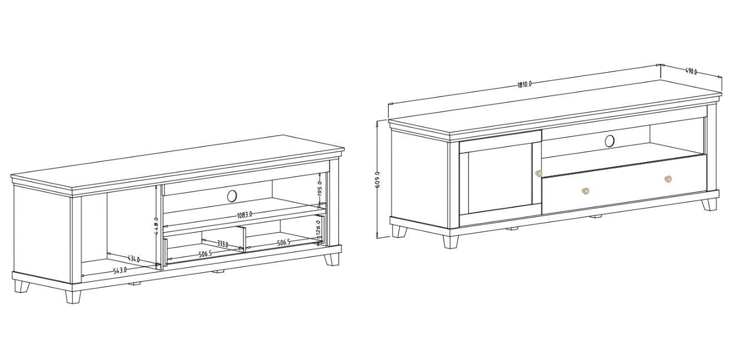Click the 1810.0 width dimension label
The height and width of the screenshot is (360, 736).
(525, 84)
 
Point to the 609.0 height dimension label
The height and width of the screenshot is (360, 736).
(378, 179)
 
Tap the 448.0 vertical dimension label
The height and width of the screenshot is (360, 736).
(157, 227)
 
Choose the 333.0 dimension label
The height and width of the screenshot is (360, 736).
(222, 243)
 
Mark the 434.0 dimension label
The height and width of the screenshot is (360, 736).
(133, 259)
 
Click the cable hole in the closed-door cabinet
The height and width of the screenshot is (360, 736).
(610, 141)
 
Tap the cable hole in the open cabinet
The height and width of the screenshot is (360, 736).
(232, 195)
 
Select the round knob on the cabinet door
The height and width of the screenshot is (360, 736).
(538, 173)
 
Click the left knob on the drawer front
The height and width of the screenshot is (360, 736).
(585, 191)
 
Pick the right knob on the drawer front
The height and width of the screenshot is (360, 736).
(668, 179)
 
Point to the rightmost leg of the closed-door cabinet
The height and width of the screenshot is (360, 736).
(709, 204)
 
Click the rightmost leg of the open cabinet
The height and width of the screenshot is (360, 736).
(332, 259)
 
